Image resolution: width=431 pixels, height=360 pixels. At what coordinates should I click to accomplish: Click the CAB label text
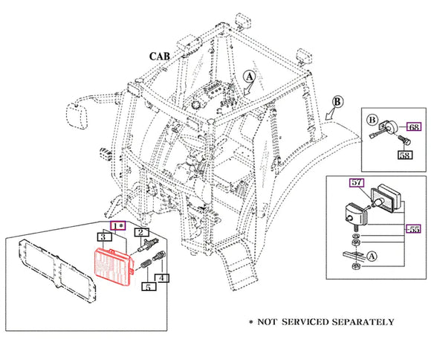[160, 57]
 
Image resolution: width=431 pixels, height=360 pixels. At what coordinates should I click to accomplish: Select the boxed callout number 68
[414, 127]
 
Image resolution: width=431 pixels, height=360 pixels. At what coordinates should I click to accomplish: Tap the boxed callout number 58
[406, 155]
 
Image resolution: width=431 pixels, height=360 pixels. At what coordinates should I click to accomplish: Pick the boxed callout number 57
[357, 182]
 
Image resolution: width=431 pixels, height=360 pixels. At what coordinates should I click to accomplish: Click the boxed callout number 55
[413, 229]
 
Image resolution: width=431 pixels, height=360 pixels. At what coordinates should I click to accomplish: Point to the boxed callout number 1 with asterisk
[118, 226]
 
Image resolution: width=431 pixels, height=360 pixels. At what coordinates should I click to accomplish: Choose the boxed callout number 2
[141, 233]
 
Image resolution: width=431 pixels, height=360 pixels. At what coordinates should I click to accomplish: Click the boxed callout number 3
[105, 237]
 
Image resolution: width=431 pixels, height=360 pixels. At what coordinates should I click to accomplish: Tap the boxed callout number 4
[162, 278]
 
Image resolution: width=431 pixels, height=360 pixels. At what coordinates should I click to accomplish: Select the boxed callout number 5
[149, 286]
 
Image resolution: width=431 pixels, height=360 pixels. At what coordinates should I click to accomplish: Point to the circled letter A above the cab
[249, 77]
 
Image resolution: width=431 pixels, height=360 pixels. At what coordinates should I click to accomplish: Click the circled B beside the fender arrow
[337, 102]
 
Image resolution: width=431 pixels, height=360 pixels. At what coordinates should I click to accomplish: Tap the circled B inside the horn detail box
[372, 120]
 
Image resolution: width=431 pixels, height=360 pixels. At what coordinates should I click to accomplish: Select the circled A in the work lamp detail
[372, 257]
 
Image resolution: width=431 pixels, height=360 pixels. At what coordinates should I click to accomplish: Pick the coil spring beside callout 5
[145, 264]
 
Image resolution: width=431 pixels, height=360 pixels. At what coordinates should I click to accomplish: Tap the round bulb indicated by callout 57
[377, 203]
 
